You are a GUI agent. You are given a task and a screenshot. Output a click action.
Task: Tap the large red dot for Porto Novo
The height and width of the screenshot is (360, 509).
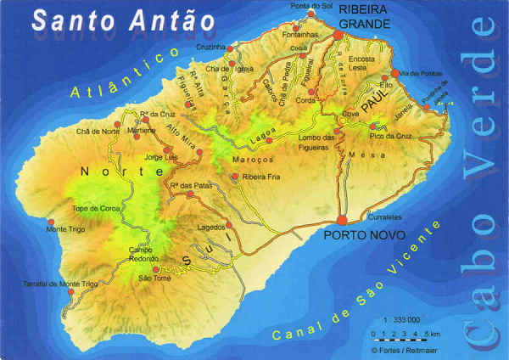(342, 220)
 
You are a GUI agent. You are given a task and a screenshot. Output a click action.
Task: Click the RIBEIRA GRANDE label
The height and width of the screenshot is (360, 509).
(364, 16)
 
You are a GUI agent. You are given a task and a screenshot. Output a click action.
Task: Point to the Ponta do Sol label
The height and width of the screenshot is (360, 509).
(310, 6)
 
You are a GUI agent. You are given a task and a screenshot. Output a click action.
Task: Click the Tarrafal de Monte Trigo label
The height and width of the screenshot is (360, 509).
(61, 283)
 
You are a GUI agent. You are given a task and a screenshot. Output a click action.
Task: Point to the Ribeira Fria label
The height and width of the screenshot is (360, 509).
(260, 177)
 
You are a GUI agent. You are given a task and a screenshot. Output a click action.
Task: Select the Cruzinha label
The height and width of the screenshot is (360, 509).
(210, 48)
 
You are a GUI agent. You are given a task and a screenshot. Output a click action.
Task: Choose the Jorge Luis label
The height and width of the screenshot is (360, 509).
(161, 158)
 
